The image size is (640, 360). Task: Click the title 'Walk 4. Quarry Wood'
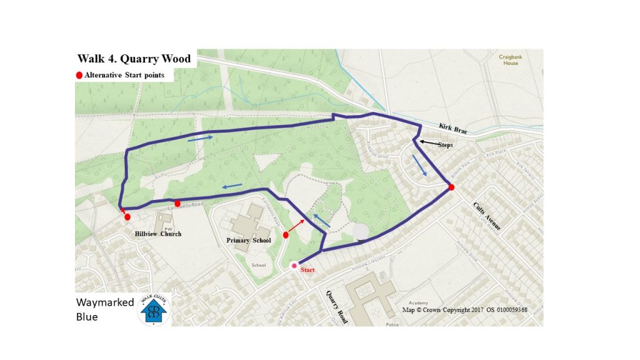(x=134, y=59)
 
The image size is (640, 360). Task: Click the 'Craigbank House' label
(x=509, y=60)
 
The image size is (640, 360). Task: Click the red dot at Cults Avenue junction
(x=451, y=187)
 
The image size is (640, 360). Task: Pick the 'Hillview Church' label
(x=158, y=234)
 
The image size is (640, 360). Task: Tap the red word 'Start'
(x=308, y=270)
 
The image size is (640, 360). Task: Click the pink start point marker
(x=294, y=266)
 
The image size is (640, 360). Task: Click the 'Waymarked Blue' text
(x=104, y=309)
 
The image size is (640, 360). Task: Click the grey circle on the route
(x=361, y=232)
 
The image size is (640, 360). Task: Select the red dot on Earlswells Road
(x=177, y=203)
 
